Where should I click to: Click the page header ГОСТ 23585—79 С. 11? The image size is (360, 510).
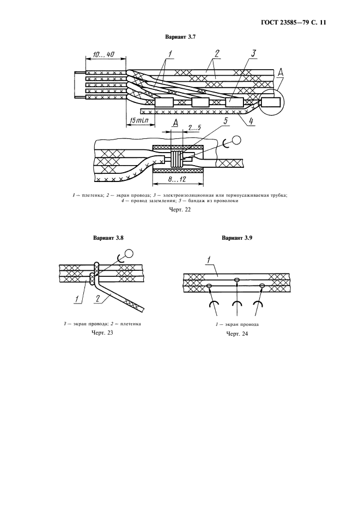point(294,23)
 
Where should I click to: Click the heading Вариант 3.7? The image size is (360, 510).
point(180,37)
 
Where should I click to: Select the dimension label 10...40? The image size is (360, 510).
point(103,54)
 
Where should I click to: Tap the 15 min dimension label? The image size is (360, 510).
point(138,120)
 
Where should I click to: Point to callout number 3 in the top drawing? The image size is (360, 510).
point(254,53)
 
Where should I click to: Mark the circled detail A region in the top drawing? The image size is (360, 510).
point(272,102)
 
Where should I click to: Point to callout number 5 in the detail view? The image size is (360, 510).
point(225,122)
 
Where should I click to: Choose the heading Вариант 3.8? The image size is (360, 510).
point(108,238)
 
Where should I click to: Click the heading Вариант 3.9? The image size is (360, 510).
point(237,238)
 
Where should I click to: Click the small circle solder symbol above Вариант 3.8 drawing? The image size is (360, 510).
point(129,253)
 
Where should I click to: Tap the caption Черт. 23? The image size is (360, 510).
point(103,332)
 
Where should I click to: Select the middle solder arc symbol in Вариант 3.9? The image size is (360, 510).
point(237,304)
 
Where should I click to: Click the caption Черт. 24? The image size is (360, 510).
point(237,333)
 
